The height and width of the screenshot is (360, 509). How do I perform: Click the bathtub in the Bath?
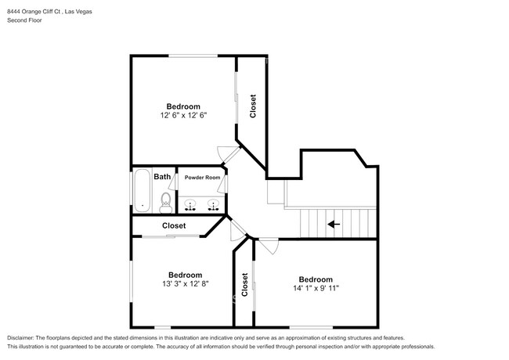142,190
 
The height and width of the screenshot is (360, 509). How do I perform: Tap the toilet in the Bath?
166,203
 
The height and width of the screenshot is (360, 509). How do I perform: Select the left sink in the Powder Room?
190,205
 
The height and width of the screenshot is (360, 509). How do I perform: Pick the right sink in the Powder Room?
213,205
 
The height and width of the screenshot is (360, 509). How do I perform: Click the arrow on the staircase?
334,224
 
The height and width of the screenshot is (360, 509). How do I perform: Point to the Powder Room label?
202,178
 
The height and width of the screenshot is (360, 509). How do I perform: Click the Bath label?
162,176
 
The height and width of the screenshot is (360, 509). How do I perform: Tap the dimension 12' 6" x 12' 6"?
183,115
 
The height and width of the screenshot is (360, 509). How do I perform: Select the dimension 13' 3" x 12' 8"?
186,284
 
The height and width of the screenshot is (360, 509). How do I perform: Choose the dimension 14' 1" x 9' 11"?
316,288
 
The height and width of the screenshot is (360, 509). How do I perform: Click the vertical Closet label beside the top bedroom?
253,106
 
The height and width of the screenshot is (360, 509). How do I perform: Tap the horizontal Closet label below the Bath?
174,225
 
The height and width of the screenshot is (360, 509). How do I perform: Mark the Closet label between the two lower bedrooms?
244,285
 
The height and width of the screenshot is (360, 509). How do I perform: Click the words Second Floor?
25,20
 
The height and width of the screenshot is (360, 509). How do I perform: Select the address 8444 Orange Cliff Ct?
34,12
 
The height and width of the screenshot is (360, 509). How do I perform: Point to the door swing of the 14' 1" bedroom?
270,247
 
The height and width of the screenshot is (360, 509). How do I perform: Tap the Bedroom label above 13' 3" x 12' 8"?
186,275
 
